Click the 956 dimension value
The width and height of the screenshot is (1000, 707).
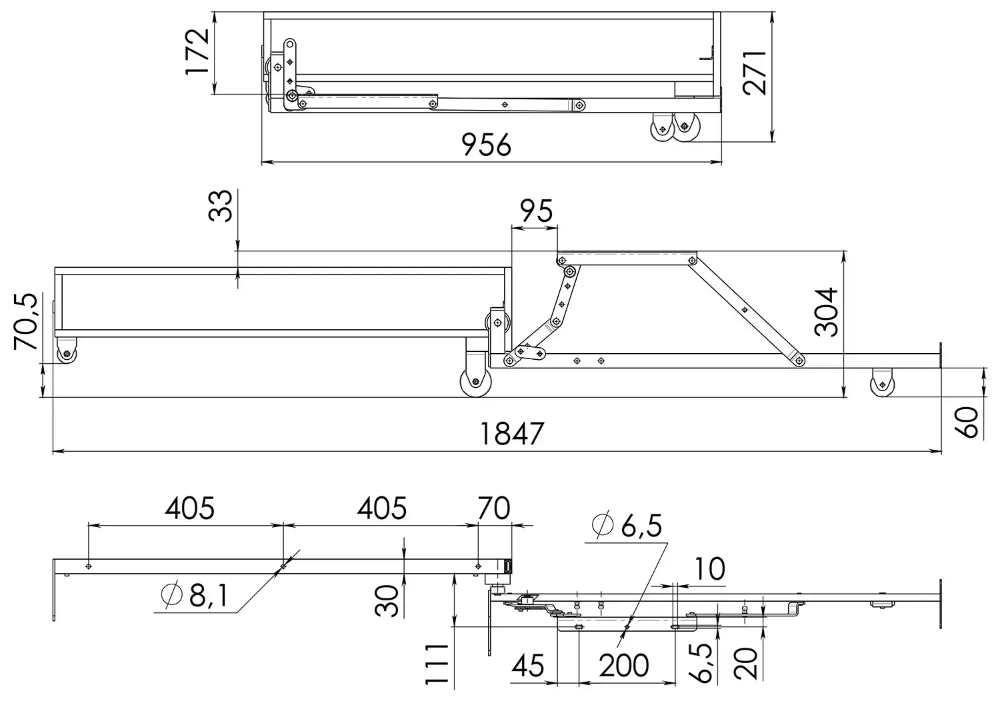[486, 145]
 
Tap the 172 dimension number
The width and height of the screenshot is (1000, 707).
[197, 52]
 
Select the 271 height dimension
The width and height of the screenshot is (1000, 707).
[755, 73]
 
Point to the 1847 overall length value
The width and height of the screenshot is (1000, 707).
[511, 433]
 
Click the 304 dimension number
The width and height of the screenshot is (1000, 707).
[826, 312]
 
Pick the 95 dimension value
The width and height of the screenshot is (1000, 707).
[537, 211]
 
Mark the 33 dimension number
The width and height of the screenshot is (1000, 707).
[221, 206]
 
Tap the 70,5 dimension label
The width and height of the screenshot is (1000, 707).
[26, 321]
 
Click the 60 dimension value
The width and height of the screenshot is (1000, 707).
[967, 422]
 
